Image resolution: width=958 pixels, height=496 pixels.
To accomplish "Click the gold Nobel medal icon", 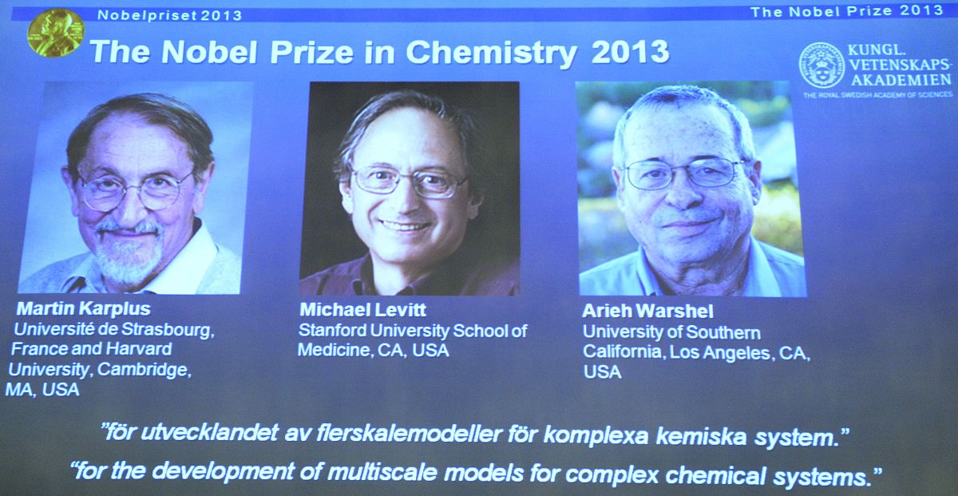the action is pos(56,33).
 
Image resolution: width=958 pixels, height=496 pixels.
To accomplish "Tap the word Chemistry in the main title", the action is pos(491,53).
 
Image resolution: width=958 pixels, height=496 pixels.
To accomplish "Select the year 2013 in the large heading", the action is pos(631,51).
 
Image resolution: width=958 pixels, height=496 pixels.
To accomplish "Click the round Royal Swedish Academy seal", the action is pos(821,65).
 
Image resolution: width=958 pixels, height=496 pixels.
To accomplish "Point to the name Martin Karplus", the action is pos(83,308).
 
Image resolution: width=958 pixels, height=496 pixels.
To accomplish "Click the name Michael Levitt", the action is pos(362,309).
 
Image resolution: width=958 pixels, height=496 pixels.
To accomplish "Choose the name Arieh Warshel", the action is pos(647,311).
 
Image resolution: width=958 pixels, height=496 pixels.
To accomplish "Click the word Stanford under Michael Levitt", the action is pos(332,331).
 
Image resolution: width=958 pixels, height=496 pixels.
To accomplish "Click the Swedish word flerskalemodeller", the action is pos(409,434).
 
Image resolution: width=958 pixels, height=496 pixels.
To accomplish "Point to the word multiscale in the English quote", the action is pos(382,472).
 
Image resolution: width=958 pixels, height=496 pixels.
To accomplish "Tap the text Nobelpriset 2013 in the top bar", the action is pos(170,15).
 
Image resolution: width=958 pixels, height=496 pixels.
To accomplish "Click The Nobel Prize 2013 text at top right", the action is pos(847,11).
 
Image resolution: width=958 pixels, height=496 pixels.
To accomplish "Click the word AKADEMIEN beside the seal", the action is pos(901,80).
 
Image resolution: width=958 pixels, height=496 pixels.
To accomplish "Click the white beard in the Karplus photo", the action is pos(128,256).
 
